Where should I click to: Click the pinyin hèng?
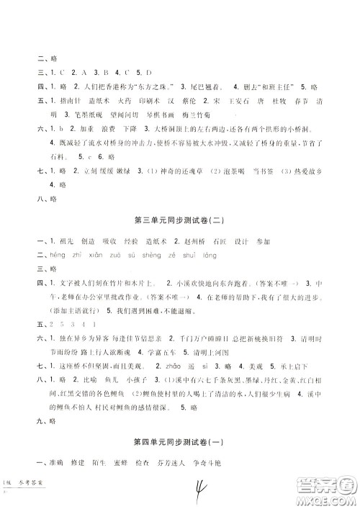pos(53,255)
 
